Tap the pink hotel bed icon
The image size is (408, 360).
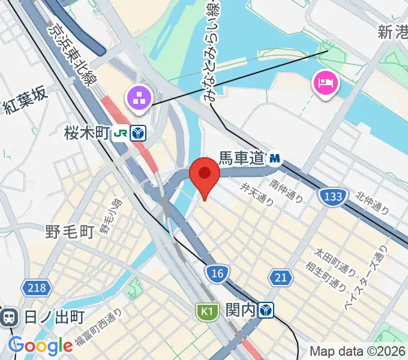325,82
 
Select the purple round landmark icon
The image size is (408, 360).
139,98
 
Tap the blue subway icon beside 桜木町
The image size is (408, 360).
138,133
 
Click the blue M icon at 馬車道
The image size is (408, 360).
275,158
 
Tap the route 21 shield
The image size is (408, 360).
279,277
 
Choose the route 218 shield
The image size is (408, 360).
36,288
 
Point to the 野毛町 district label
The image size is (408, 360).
70,232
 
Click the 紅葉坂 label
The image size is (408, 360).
25,109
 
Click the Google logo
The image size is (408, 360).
40,346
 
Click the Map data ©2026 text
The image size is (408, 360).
358,351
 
